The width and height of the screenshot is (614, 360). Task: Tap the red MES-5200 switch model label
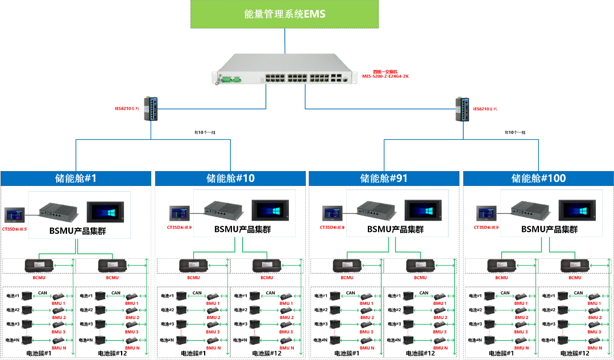385,74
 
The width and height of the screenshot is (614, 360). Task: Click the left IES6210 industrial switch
151,108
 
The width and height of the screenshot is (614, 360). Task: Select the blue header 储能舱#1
77,178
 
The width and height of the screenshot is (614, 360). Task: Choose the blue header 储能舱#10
231,178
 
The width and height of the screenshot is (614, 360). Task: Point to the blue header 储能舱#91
384,178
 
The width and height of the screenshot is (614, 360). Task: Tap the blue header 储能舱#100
538,178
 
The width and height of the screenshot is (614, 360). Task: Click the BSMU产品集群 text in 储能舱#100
549,230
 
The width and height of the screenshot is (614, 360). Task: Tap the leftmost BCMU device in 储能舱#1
39,266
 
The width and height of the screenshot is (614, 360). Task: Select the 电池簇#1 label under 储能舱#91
347,353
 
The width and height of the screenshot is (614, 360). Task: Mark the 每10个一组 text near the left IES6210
205,132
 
